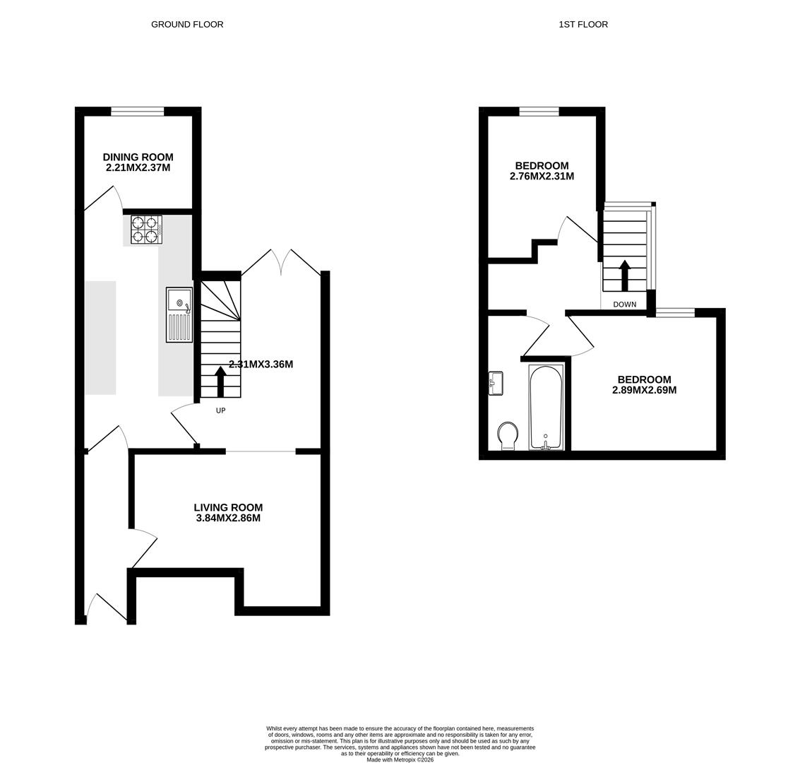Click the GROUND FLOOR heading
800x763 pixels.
pos(187,24)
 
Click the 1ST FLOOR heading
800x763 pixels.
pos(583,24)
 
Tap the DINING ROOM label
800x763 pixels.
pos(138,157)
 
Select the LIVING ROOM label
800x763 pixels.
pos(228,507)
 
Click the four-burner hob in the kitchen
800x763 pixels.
pos(146,230)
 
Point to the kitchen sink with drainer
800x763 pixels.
pos(179,314)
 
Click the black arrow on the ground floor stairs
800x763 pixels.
pos(220,381)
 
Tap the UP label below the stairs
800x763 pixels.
pos(220,410)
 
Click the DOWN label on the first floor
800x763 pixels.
pos(624,304)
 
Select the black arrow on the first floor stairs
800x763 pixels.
pos(624,275)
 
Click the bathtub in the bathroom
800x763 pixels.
pos(546,407)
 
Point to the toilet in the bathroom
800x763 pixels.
pos(508,434)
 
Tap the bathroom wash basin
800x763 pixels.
pos(496,384)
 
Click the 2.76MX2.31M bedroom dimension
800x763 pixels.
pos(542,177)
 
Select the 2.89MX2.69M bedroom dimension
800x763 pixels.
pos(644,390)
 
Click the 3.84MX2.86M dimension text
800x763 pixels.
pos(228,518)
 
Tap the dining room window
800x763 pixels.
pos(137,111)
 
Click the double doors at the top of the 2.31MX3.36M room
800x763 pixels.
pos(281,261)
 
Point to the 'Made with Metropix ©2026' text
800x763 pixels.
pos(400,759)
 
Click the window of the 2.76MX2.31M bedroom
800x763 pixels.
pos(539,111)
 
